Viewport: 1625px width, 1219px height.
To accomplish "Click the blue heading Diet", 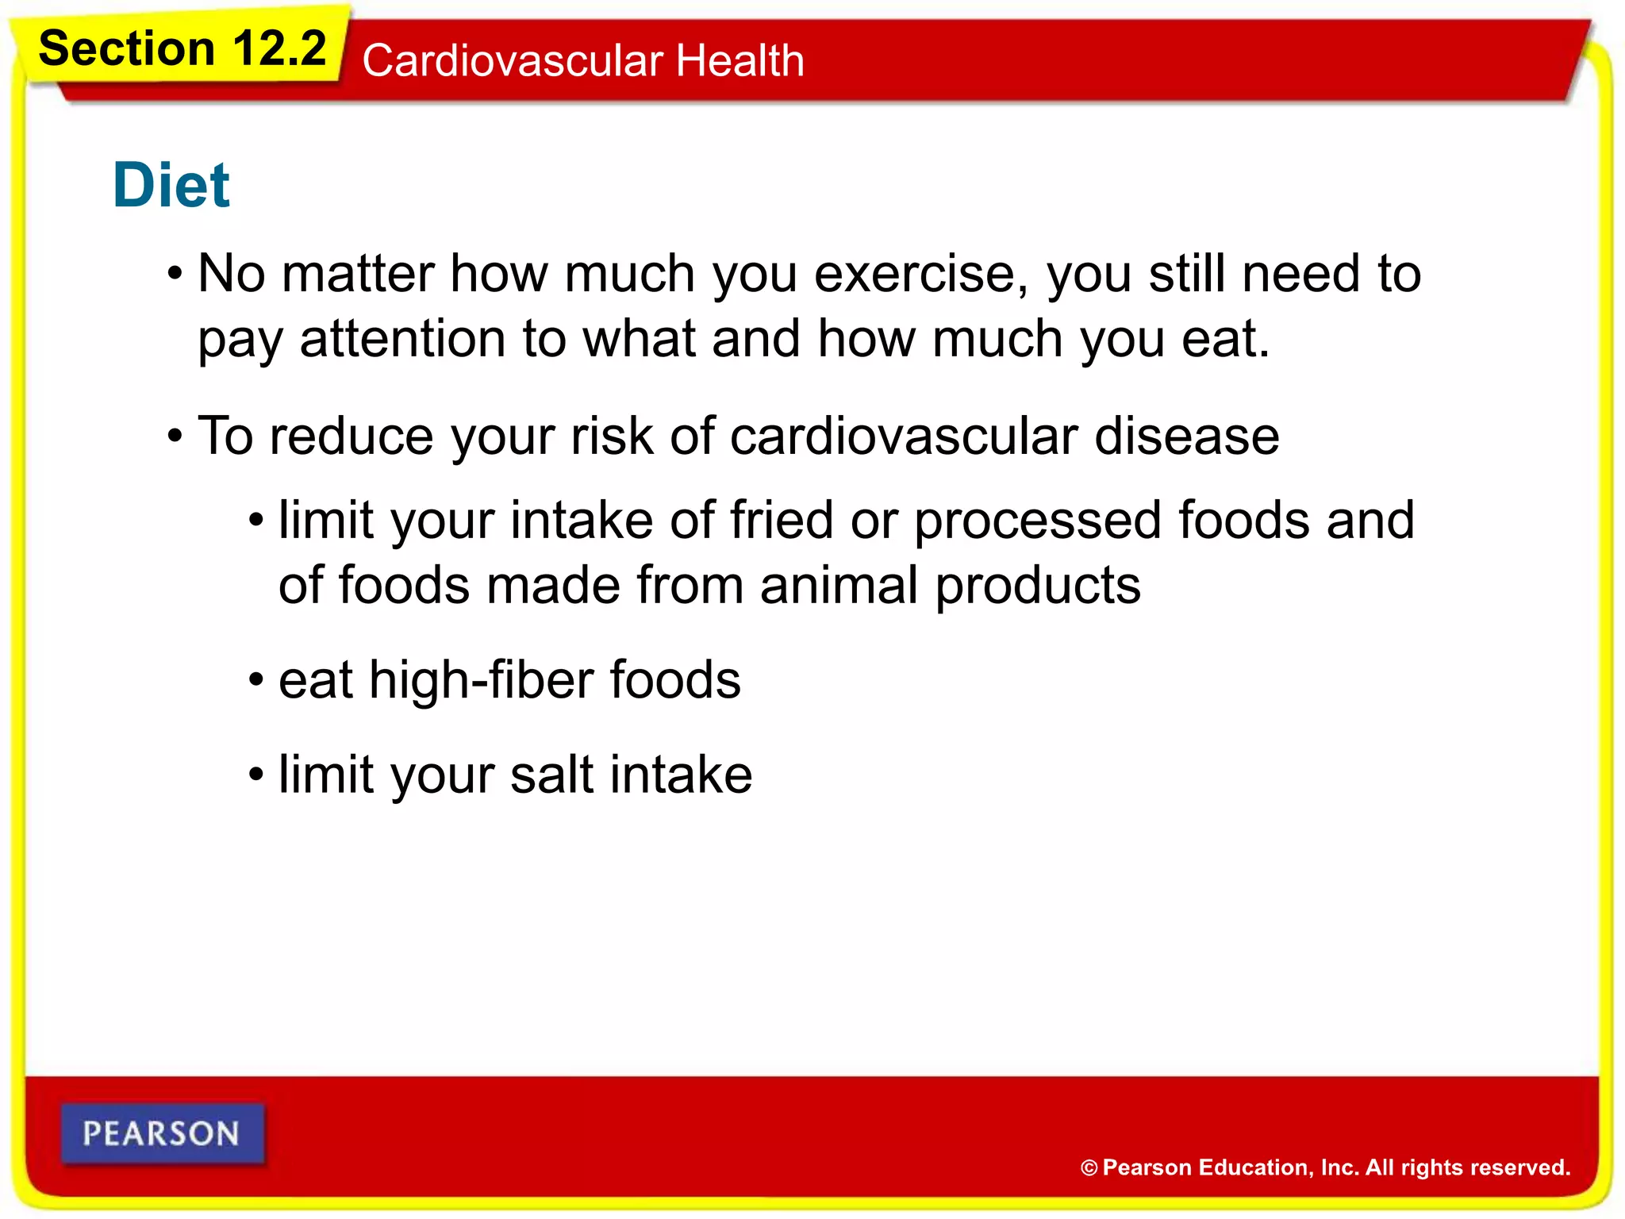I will click(x=171, y=186).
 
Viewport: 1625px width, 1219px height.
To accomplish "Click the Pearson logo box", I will click(x=162, y=1133).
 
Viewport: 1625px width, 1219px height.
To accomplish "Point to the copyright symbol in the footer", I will click(x=1089, y=1168).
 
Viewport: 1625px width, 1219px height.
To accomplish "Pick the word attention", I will click(x=402, y=340).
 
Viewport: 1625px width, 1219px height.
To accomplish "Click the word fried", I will click(x=781, y=521).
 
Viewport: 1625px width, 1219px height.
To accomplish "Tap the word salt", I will click(x=551, y=775).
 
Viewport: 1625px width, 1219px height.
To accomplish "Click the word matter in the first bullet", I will click(x=357, y=275).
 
